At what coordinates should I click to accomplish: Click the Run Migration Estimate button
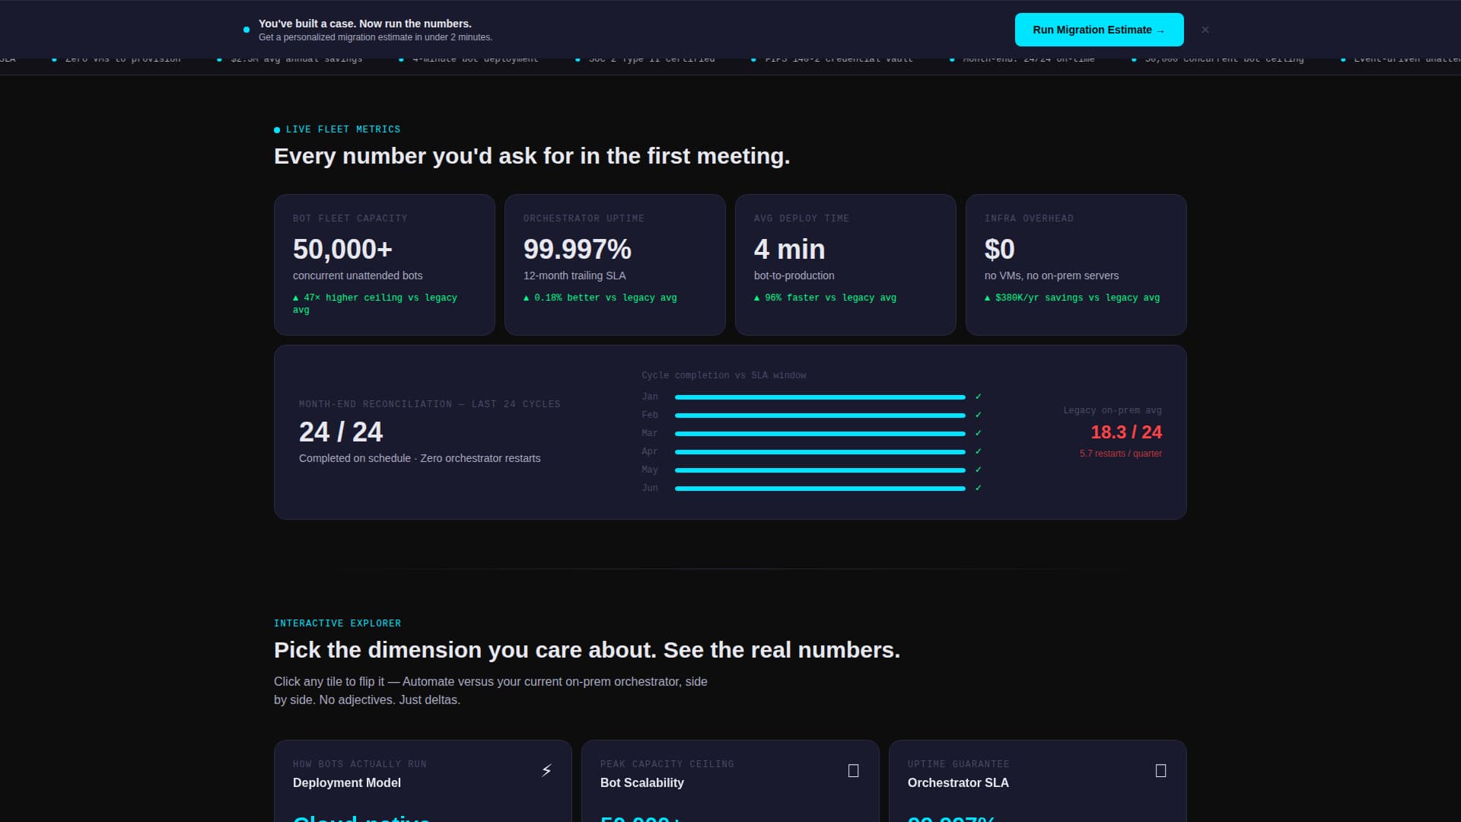coord(1099,30)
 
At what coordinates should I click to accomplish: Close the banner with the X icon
coord(1205,30)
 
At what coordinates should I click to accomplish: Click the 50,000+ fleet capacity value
coord(342,249)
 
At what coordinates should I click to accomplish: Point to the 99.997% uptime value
coord(577,249)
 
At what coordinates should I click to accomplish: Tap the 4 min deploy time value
coord(789,249)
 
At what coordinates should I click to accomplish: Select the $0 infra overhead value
coord(999,249)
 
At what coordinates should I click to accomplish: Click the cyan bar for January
coord(820,397)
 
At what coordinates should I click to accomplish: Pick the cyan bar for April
coord(820,452)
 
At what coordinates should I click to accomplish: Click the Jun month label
coord(650,488)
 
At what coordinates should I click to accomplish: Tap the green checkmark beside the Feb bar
coord(979,415)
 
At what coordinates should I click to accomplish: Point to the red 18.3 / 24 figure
coord(1126,432)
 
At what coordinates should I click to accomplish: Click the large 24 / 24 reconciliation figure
coord(341,432)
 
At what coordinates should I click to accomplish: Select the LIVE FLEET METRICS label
coord(342,129)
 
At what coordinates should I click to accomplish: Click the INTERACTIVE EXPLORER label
coord(337,623)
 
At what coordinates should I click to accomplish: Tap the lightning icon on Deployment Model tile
coord(546,771)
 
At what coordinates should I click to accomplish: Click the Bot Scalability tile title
coord(641,782)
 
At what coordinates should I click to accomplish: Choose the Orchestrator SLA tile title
coord(958,782)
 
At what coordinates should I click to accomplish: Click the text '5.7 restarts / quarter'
coord(1120,454)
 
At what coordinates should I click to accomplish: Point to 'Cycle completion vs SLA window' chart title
coord(723,375)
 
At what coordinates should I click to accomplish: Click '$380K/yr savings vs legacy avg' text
coord(1077,298)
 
